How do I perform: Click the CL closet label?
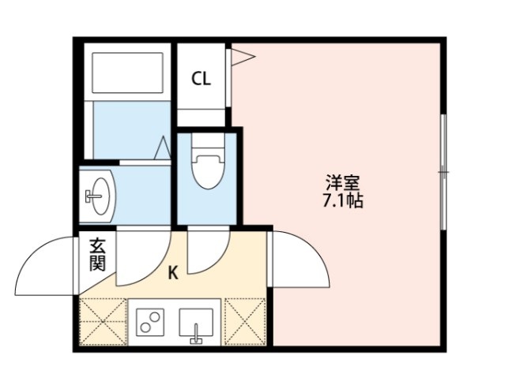tap(202, 79)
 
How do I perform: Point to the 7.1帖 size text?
tap(342, 201)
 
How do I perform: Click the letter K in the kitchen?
tap(173, 273)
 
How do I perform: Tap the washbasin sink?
tap(99, 193)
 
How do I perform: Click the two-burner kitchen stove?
tap(149, 321)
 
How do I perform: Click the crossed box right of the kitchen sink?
tap(246, 321)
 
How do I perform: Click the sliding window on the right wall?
tap(443, 171)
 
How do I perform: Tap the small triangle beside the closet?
tap(243, 56)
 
